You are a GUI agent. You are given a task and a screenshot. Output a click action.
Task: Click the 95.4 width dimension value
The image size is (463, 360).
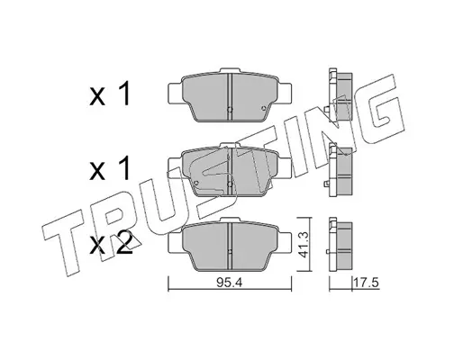230,283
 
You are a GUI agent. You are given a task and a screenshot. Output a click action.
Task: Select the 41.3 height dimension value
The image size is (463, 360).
305,245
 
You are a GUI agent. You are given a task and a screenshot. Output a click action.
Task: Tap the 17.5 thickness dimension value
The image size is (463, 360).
367,283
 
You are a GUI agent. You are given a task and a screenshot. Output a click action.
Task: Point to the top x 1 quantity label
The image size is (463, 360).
110,93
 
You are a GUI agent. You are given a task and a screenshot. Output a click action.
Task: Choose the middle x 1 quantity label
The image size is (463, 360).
110,168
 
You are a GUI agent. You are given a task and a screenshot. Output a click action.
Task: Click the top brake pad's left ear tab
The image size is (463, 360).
175,93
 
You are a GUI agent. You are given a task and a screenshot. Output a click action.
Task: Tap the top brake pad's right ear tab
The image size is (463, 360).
285,93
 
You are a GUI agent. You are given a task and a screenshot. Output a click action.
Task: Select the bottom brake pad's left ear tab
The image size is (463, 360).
175,243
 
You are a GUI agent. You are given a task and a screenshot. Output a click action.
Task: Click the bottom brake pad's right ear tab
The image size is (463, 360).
285,243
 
